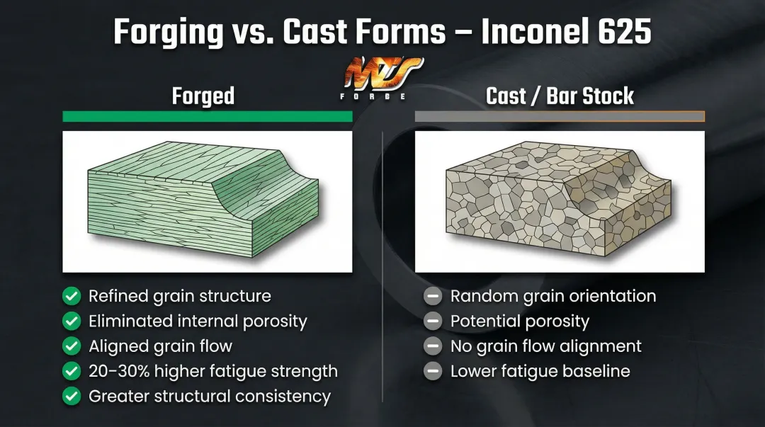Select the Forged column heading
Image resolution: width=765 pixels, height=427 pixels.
coord(203,96)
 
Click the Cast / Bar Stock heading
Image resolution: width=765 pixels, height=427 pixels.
coord(560,96)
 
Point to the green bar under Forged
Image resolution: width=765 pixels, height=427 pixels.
coord(207,117)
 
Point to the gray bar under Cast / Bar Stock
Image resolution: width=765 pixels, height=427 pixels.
coord(560,117)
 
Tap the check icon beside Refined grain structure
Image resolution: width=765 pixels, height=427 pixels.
coord(72,296)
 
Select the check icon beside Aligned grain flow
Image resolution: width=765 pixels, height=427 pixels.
coord(72,346)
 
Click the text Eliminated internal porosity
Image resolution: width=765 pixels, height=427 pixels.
coord(198,321)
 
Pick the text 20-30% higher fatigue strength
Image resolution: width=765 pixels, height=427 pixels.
coord(212,371)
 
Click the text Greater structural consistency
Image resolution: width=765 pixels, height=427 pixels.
coord(210,397)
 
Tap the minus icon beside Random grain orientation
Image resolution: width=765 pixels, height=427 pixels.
coord(433,296)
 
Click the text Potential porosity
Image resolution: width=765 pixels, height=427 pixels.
coord(519,321)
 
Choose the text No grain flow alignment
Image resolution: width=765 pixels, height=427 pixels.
coord(545,346)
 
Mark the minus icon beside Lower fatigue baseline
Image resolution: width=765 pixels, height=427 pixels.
coord(433,371)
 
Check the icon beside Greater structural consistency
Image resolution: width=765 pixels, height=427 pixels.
coord(72,397)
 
